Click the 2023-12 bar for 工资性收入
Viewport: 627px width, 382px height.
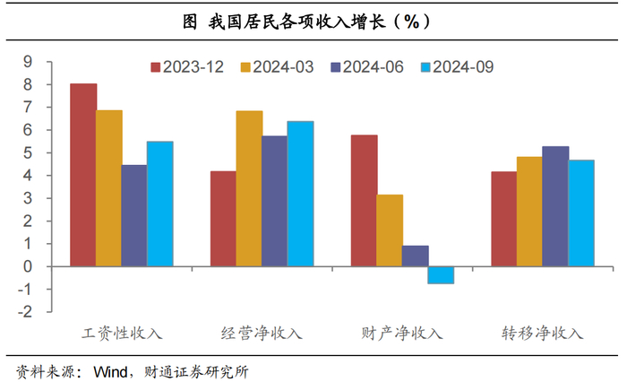83,175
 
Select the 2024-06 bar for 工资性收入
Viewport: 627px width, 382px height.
134,216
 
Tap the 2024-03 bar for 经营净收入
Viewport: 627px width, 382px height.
249,188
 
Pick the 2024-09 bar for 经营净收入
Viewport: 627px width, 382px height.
300,194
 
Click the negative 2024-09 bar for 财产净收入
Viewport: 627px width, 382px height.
441,275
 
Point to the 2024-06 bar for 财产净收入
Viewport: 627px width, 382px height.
415,256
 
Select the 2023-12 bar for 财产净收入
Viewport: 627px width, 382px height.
364,201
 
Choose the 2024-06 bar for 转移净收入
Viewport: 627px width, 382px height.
555,206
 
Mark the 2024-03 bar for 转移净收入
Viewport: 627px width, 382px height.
530,212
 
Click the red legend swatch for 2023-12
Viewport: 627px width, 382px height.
156,67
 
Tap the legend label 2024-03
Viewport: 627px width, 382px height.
283,67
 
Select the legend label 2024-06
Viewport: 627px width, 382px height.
374,67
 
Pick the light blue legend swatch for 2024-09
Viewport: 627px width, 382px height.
425,67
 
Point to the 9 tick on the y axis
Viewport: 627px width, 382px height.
28,62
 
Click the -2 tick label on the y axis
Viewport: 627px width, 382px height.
25,311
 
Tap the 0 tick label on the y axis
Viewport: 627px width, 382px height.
28,266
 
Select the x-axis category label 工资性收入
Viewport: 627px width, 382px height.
122,333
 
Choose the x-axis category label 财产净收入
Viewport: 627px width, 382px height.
402,333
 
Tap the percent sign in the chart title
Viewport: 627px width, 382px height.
411,22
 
